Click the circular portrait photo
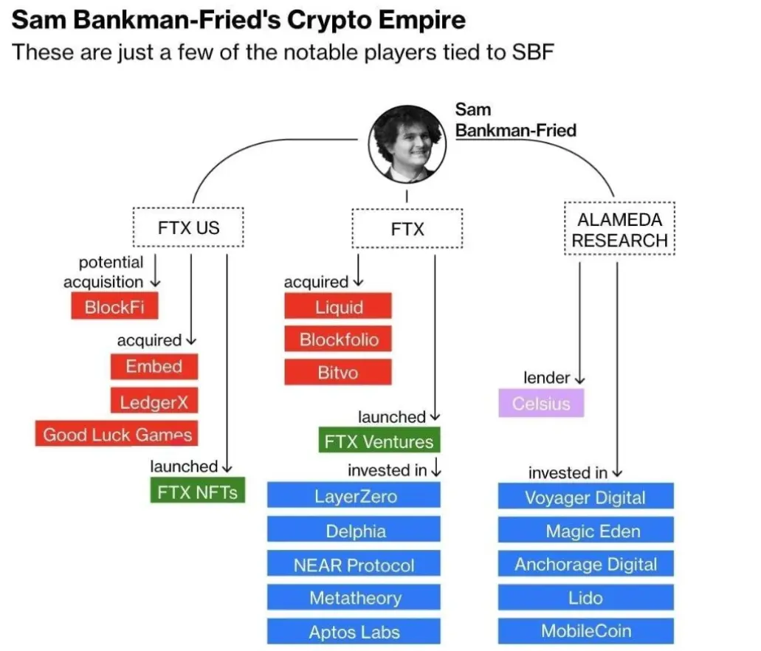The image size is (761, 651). click(407, 144)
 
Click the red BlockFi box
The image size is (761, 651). click(114, 306)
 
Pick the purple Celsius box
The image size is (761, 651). click(541, 403)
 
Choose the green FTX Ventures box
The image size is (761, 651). click(379, 440)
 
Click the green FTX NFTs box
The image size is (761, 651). click(198, 490)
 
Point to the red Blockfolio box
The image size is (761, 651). click(338, 339)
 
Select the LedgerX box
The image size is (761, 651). click(154, 401)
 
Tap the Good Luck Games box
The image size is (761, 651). click(117, 433)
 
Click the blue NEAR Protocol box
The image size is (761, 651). click(354, 564)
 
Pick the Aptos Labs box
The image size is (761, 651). click(354, 631)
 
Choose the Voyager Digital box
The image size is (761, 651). click(586, 496)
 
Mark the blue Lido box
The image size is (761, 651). click(586, 598)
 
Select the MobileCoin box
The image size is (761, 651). click(586, 630)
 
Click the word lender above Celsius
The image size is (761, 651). click(546, 377)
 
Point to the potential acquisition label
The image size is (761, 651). click(103, 272)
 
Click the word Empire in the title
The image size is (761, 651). click(421, 21)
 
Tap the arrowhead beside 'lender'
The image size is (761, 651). click(579, 379)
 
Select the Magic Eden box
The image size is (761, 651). click(586, 530)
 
